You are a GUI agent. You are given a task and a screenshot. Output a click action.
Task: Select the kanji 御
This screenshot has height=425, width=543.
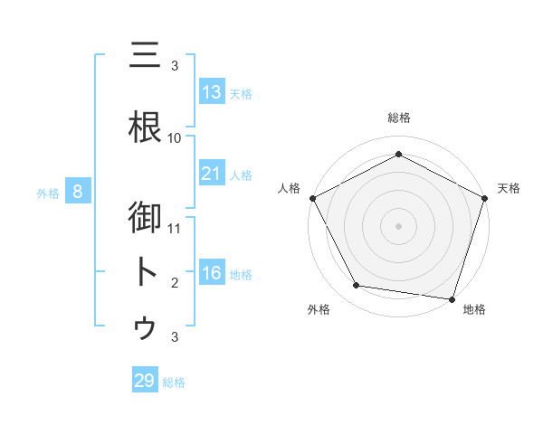coord(145,218)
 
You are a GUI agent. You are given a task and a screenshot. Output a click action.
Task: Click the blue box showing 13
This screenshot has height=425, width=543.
coord(212,92)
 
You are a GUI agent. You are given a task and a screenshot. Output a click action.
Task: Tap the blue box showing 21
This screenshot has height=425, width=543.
coord(212,173)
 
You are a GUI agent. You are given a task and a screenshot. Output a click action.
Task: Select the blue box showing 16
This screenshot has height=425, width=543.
coord(212,273)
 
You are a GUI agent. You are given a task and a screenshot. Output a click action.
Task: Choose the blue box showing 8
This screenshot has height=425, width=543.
coord(78,192)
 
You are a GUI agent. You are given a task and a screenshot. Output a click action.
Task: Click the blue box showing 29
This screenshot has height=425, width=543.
coord(145,381)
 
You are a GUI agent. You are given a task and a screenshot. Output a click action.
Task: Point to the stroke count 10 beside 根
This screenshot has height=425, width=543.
coord(175,137)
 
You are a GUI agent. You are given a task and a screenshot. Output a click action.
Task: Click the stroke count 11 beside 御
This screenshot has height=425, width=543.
coord(175,228)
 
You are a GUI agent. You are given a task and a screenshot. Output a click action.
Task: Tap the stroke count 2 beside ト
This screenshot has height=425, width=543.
coord(175,282)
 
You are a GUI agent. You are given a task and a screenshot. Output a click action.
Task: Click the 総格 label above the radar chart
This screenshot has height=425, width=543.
coord(398,118)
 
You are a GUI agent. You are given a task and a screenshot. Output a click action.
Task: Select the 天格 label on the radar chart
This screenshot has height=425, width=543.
coord(510,188)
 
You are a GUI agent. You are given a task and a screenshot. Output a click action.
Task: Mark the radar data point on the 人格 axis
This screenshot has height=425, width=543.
coord(312,197)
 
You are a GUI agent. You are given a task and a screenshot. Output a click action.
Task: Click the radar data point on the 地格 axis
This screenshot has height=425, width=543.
coord(452,298)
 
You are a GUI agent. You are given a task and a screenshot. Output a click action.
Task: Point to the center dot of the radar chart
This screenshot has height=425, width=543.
coord(398,225)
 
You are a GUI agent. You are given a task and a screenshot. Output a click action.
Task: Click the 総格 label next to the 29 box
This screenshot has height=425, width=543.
coord(174,382)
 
